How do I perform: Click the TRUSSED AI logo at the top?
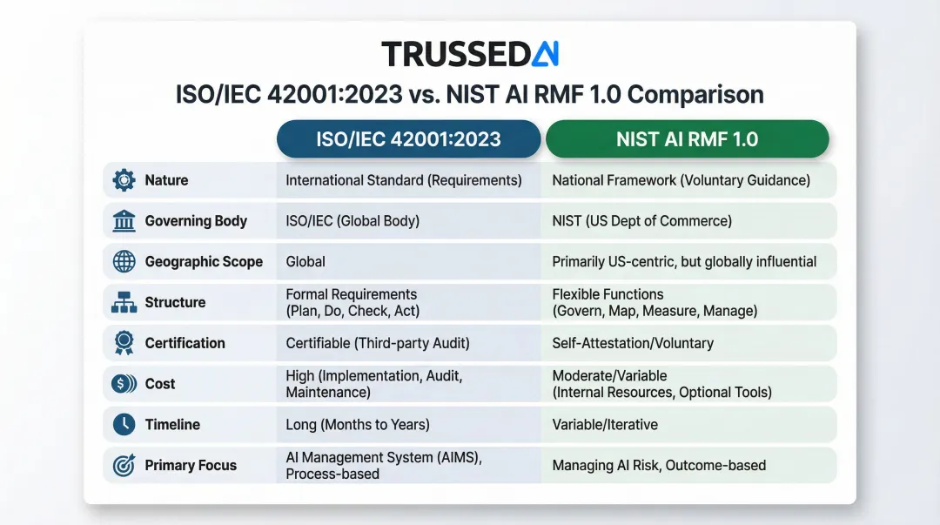click(470, 54)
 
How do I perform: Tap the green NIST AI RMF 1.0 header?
click(687, 139)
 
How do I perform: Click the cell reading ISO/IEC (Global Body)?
click(352, 221)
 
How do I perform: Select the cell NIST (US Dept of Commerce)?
click(641, 221)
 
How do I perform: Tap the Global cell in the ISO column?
click(305, 261)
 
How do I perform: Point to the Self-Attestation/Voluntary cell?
click(633, 343)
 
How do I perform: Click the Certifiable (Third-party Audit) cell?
click(378, 343)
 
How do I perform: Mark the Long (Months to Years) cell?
click(358, 425)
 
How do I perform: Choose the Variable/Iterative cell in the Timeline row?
click(605, 425)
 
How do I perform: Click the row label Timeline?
click(172, 425)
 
